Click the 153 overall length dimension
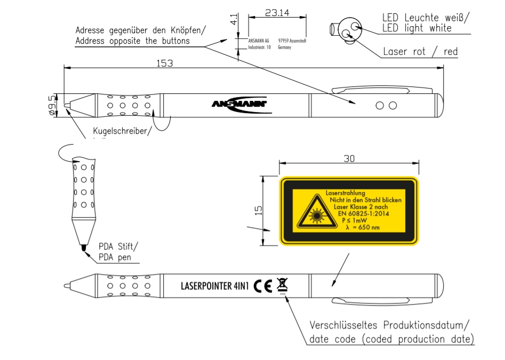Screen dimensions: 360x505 pyautogui.click(x=165, y=63)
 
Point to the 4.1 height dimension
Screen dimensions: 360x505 pyautogui.click(x=233, y=20)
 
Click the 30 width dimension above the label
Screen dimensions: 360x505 pyautogui.click(x=350, y=159)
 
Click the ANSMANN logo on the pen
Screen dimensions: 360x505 pyautogui.click(x=238, y=104)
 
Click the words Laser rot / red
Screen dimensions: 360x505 pyautogui.click(x=420, y=52)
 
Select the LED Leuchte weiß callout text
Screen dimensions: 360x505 pyautogui.click(x=426, y=18)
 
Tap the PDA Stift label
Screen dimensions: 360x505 pyautogui.click(x=118, y=247)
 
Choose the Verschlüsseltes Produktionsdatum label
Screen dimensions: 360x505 pyautogui.click(x=389, y=325)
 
